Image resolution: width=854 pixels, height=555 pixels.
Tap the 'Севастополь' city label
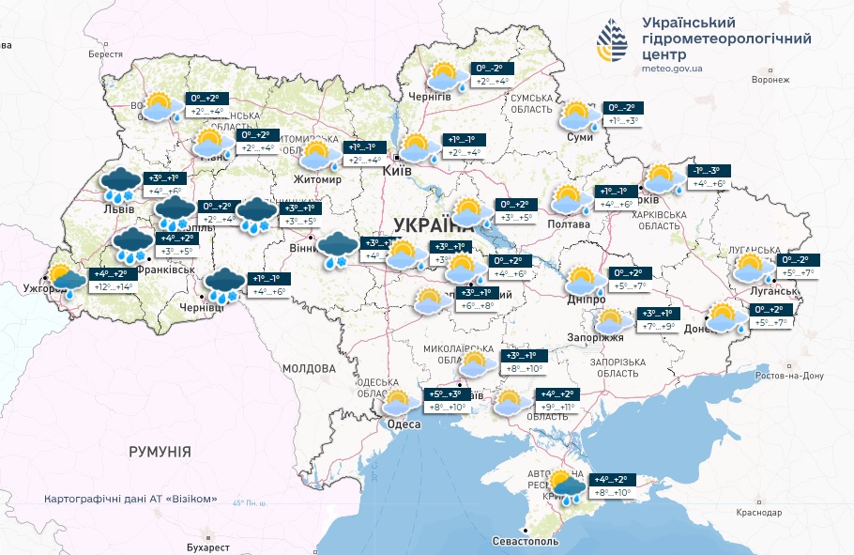526,542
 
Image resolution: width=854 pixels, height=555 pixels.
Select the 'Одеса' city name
404,424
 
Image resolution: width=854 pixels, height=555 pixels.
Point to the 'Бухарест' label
207,546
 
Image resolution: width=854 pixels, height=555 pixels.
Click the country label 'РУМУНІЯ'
160,452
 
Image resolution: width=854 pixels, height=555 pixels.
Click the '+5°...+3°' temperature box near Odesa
446,394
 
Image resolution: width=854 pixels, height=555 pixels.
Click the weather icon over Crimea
565,487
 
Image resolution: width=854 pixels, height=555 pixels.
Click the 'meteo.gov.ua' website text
675,68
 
